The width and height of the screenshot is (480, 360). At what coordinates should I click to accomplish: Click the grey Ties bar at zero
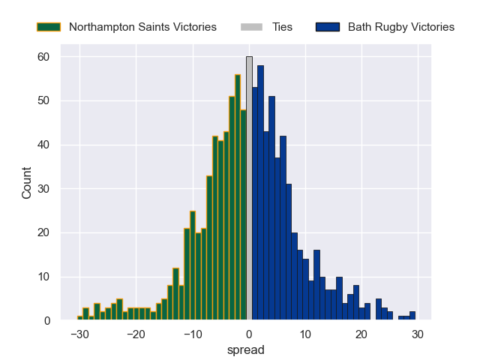(249, 188)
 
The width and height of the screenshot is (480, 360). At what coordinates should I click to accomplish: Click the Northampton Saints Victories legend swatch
(48, 27)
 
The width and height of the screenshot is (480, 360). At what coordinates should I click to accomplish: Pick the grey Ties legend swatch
(251, 27)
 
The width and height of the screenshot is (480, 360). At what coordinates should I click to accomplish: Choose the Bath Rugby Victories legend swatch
(328, 27)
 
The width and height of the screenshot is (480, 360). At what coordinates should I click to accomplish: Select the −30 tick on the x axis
(79, 334)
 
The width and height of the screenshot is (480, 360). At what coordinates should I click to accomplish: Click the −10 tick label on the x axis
(192, 334)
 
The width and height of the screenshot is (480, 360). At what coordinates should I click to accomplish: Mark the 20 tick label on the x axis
(361, 334)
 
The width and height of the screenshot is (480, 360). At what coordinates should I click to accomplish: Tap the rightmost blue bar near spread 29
(412, 316)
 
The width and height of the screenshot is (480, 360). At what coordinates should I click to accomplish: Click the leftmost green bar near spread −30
(80, 318)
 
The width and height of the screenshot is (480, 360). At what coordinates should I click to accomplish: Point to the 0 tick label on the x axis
(249, 334)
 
